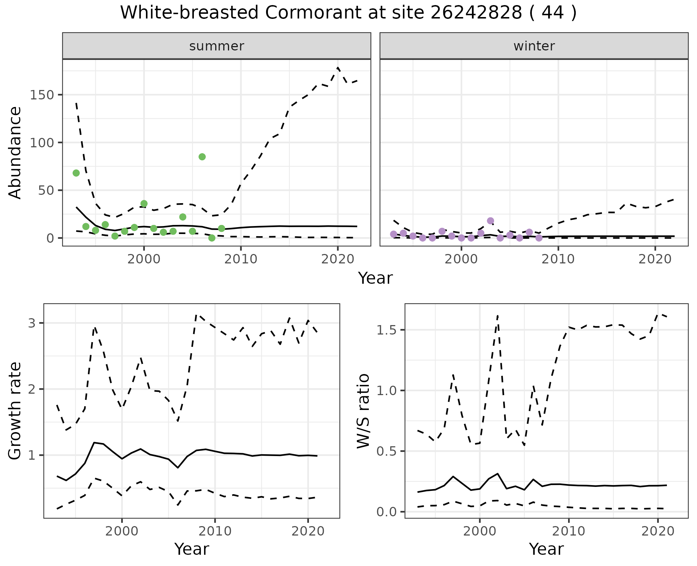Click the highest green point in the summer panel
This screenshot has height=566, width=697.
(202, 157)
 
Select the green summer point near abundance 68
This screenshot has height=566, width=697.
(76, 173)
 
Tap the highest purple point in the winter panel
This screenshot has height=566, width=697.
(490, 221)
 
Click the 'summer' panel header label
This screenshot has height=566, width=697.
(217, 46)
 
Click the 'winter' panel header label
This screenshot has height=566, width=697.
(534, 46)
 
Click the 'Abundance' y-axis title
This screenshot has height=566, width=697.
(15, 152)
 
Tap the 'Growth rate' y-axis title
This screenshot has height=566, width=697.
(15, 411)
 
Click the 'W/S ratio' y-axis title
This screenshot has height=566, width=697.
(363, 411)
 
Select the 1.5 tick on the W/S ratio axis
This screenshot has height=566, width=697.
(389, 330)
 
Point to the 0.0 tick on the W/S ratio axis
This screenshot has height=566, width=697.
(389, 512)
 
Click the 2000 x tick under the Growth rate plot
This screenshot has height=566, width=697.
(122, 532)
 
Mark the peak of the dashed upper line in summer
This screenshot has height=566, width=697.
(338, 68)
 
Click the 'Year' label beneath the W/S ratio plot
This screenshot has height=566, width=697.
(546, 549)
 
